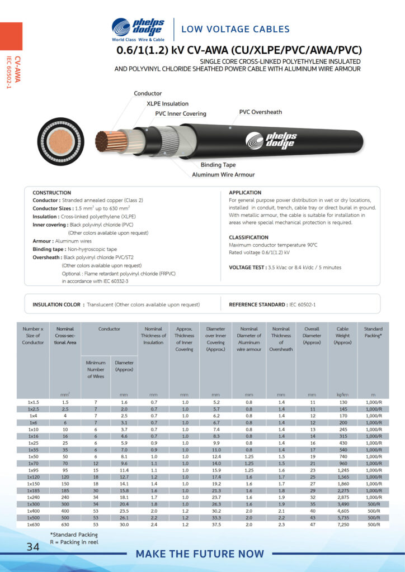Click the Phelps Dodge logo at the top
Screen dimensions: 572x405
pos(138,30)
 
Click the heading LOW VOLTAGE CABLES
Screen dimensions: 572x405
pos(236,29)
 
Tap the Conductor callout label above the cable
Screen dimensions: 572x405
pos(148,93)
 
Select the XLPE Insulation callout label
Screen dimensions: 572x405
pos(167,103)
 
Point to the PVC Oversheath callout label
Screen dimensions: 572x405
pos(261,112)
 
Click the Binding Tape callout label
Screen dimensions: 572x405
pos(218,165)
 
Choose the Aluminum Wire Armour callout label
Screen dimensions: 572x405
pos(223,175)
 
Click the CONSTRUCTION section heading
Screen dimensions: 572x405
pos(52,193)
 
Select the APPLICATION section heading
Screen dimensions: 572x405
pos(246,193)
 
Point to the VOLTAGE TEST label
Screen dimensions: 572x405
pos(247,268)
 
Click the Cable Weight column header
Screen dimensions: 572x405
pos(342,336)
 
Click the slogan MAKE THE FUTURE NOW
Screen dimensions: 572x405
pos(200,554)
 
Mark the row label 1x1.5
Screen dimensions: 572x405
pos(34,402)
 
